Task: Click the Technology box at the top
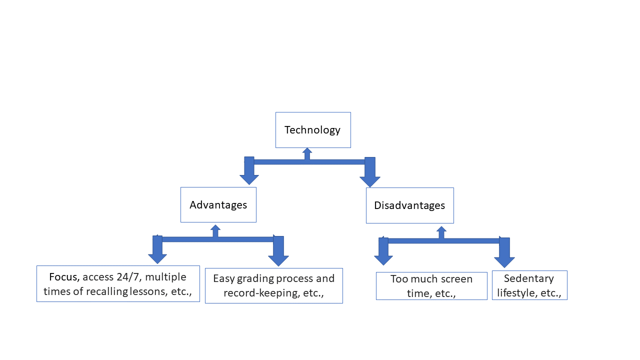point(313,130)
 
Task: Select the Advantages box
point(218,205)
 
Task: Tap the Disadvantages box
point(409,205)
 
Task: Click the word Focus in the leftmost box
point(64,277)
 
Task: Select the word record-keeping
point(255,293)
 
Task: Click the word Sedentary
point(529,278)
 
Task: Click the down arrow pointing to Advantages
point(249,172)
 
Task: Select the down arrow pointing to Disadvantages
point(370,173)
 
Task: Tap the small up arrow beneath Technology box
point(307,153)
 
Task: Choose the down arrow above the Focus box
point(157,250)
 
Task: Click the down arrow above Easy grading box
point(278,252)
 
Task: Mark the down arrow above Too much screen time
point(383,252)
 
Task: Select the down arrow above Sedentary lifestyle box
point(504,253)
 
